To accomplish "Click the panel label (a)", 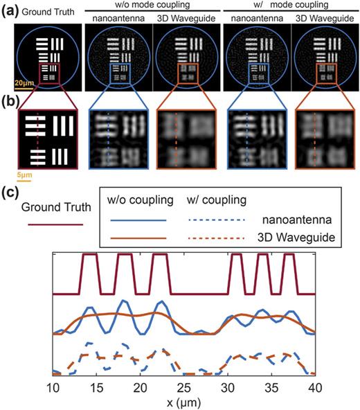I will [9, 10].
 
